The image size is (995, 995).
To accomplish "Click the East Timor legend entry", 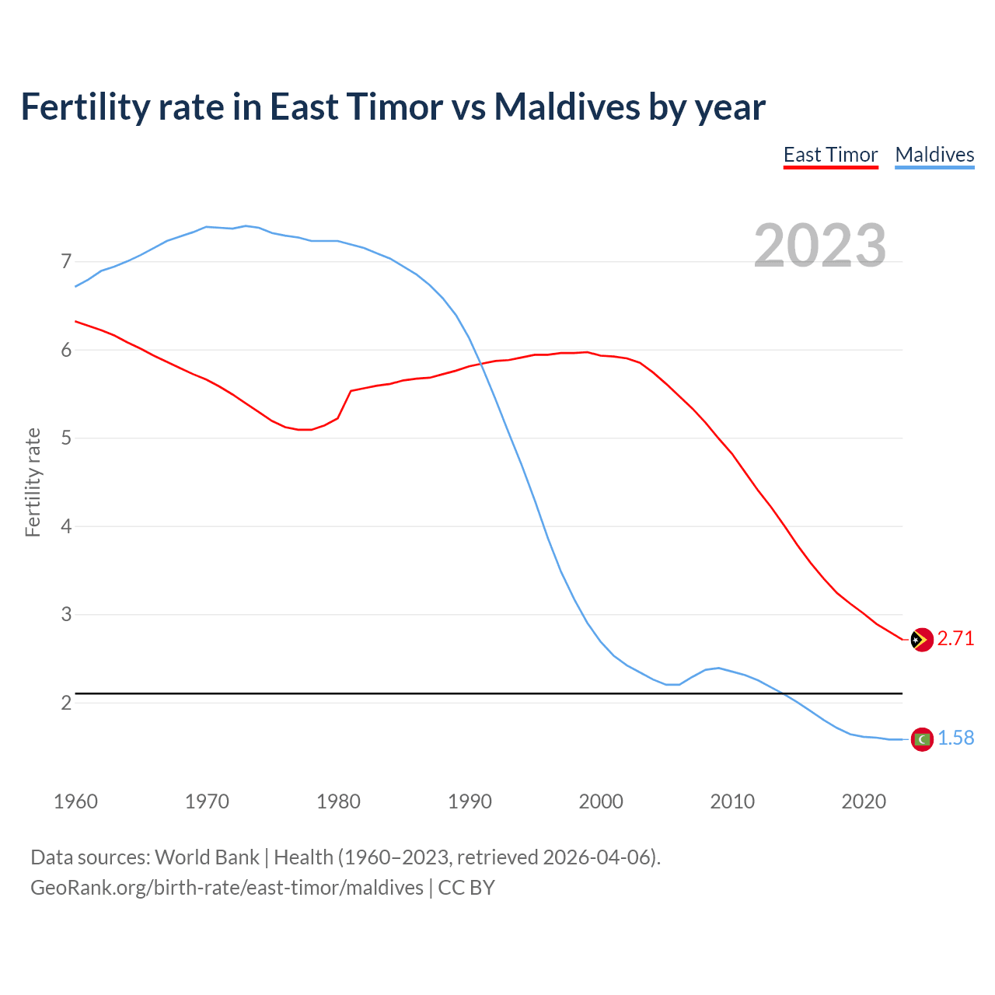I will pos(830,155).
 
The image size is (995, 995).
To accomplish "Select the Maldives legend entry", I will pos(934,155).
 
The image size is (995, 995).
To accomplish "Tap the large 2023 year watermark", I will pos(820,246).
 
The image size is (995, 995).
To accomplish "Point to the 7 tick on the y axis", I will pos(66,262).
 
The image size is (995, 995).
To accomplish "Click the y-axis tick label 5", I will pos(66,438).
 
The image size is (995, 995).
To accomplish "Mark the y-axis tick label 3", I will pos(66,615).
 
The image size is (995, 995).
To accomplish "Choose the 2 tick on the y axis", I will pos(66,703).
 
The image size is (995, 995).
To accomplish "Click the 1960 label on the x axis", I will pos(75,801).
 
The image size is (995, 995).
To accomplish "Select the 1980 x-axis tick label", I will pos(338,801).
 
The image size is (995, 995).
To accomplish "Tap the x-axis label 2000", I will pos(601,801).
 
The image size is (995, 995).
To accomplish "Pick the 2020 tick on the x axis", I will pos(864,801).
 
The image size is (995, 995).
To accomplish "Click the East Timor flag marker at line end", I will pos(921,640).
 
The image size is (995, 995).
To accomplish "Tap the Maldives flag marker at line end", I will pos(921,739).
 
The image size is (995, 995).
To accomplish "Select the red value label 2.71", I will pos(955,639).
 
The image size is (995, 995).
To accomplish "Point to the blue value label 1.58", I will pos(955,738).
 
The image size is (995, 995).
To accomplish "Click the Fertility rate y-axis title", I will pos(33,482).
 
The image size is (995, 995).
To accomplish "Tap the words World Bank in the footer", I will pos(207,857).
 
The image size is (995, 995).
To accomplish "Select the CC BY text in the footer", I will pos(466,888).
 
